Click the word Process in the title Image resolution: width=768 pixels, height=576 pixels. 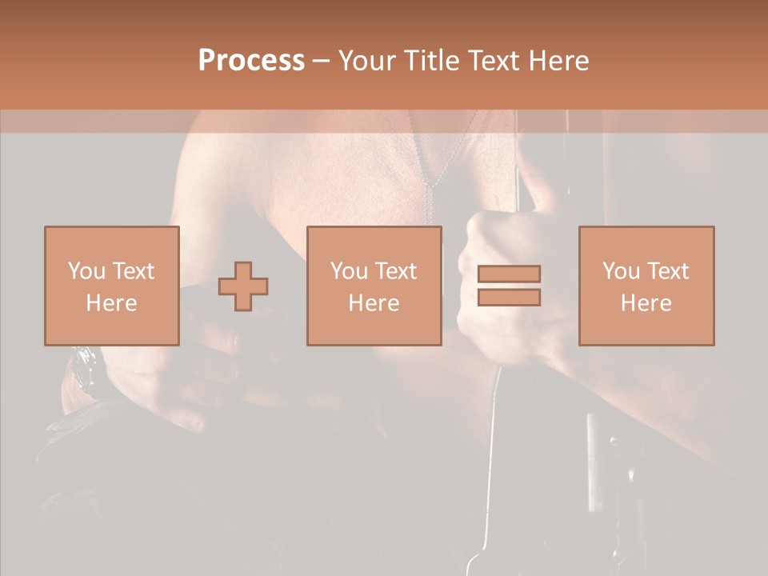[251, 61]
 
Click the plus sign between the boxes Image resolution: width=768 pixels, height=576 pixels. [243, 286]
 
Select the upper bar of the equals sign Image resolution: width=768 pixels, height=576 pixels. [509, 274]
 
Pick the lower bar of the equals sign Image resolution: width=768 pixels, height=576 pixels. [509, 297]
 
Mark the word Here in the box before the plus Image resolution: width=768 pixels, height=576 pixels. [111, 303]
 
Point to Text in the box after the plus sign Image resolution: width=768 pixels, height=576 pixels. [396, 271]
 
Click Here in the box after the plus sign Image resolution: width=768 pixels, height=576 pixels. [374, 303]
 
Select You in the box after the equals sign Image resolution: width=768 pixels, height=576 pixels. [621, 271]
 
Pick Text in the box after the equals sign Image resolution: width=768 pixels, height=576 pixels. [668, 271]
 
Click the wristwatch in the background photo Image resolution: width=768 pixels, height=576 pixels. [84, 370]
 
